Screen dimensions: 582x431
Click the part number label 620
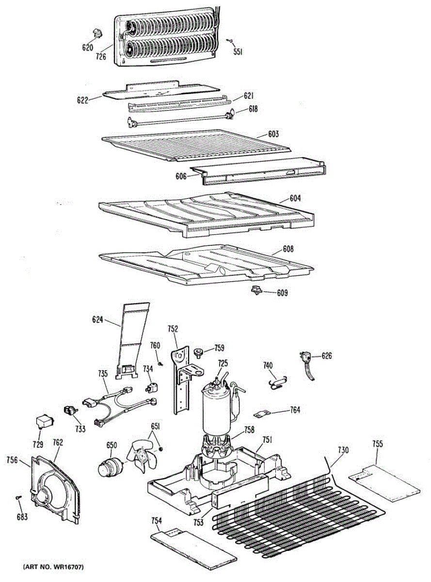click(87, 48)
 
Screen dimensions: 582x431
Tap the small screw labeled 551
click(231, 41)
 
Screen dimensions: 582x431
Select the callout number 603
click(274, 133)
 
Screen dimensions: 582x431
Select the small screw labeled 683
click(18, 498)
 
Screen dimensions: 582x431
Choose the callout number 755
click(378, 444)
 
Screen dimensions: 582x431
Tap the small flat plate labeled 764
click(262, 415)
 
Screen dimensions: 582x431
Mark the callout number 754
click(156, 521)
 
